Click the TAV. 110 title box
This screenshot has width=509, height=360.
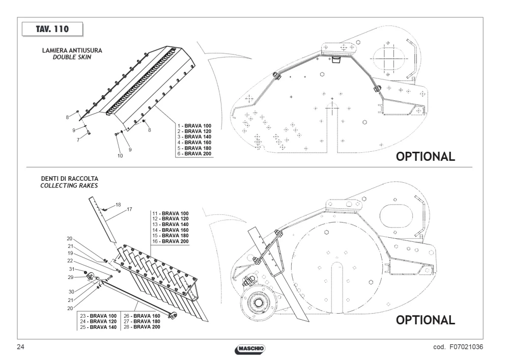pyautogui.click(x=52, y=29)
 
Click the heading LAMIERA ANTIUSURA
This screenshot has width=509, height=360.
pyautogui.click(x=72, y=50)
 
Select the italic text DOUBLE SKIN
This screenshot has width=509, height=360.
pyautogui.click(x=72, y=57)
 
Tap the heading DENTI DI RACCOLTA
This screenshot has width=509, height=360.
pyautogui.click(x=69, y=179)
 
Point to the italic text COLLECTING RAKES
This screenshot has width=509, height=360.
pyautogui.click(x=69, y=186)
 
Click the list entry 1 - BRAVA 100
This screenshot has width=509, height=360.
pyautogui.click(x=194, y=126)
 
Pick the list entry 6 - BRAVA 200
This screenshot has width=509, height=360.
pyautogui.click(x=194, y=154)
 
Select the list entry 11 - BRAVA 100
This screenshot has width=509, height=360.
pyautogui.click(x=171, y=213)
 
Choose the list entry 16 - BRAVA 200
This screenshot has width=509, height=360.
pyautogui.click(x=171, y=241)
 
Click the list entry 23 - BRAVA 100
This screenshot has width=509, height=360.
pyautogui.click(x=98, y=316)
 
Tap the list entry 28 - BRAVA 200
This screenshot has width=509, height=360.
pyautogui.click(x=142, y=327)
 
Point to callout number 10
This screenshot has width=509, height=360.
pyautogui.click(x=120, y=156)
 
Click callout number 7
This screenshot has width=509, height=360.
pyautogui.click(x=78, y=140)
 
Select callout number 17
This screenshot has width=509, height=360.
pyautogui.click(x=129, y=209)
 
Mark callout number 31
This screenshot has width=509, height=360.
pyautogui.click(x=72, y=269)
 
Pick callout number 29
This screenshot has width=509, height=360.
pyautogui.click(x=70, y=277)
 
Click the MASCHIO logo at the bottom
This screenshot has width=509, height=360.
pyautogui.click(x=249, y=349)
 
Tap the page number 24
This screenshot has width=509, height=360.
pyautogui.click(x=20, y=347)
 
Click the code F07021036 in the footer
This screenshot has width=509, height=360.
pyautogui.click(x=466, y=347)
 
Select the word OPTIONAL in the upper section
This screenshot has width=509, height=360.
pyautogui.click(x=425, y=156)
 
